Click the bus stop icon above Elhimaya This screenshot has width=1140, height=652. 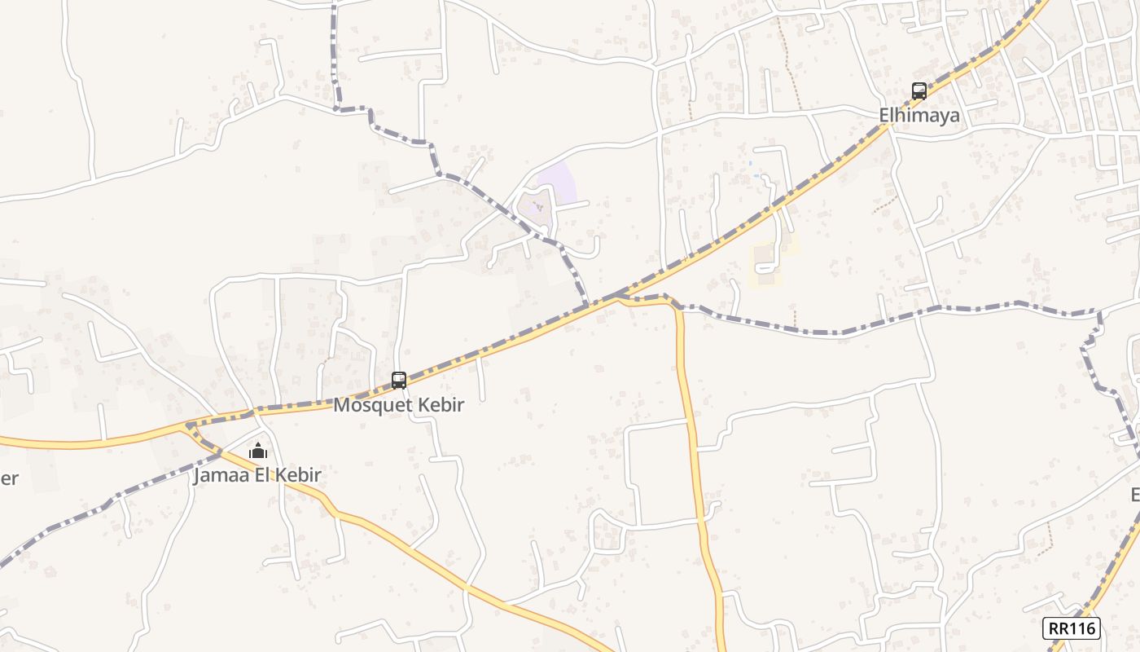pos(919,90)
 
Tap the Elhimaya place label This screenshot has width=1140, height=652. pos(919,115)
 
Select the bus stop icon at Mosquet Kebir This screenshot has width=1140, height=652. pos(399,380)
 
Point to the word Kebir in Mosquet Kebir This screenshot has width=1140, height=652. pos(441,405)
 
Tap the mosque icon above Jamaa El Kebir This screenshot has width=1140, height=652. pos(258,451)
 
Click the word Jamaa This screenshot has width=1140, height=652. pos(217,475)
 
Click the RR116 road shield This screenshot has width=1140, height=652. pos(1072,628)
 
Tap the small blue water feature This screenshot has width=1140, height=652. pos(756,174)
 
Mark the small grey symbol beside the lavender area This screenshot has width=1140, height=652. pos(537,206)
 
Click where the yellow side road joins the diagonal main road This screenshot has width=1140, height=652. pos(616,299)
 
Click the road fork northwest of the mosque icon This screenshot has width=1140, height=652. pos(189,425)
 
